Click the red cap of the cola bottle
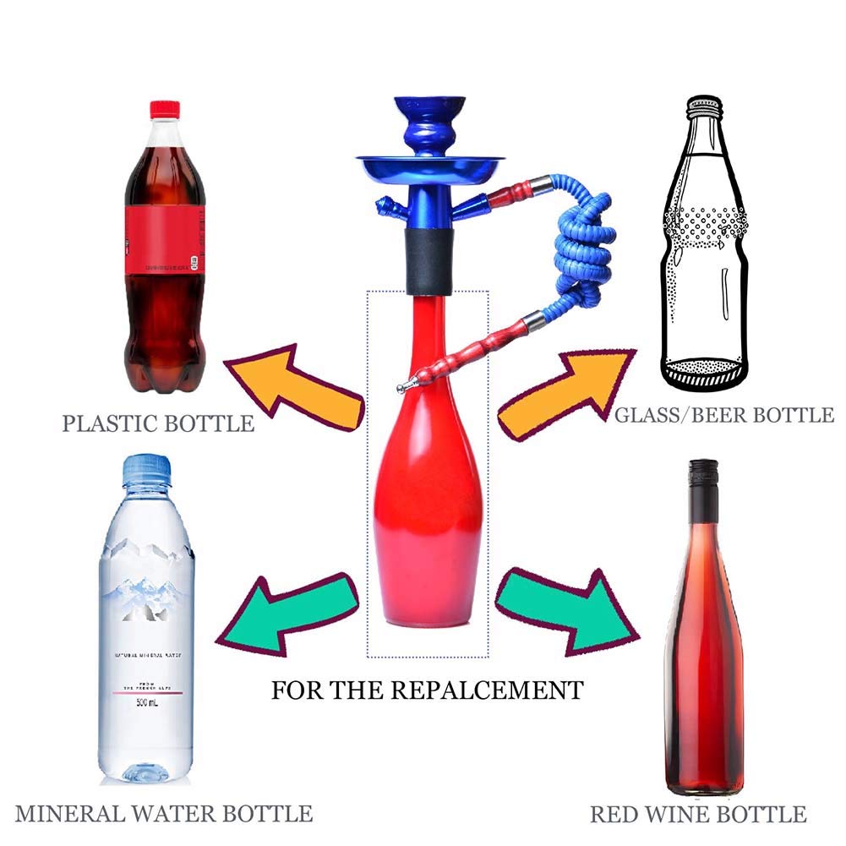coord(165,109)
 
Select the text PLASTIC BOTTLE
coord(158,423)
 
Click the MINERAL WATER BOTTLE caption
coord(164,814)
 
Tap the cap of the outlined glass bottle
coord(703,106)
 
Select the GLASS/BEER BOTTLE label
coord(724,415)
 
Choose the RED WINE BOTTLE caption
coord(698,815)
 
